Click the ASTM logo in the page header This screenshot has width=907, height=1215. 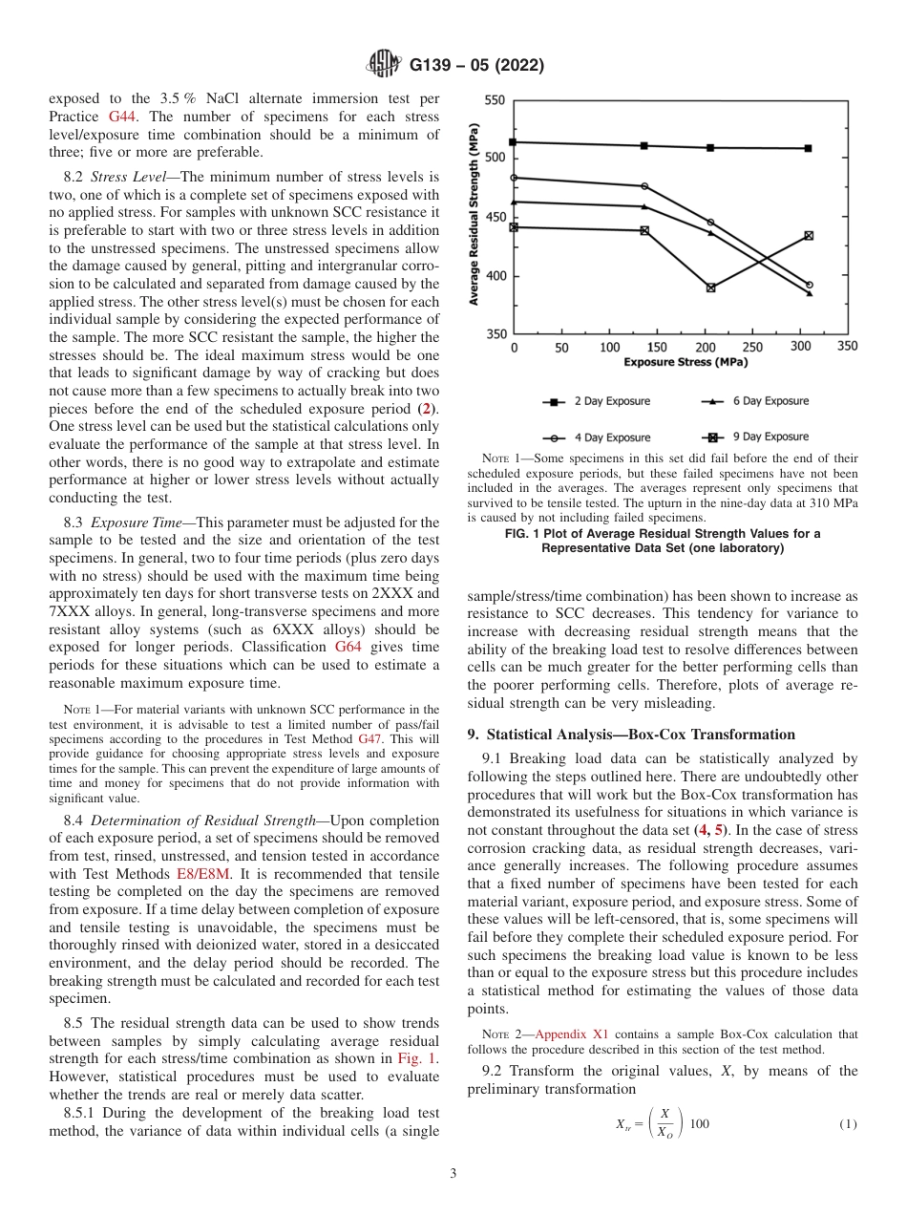(385, 65)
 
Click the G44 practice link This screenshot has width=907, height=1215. (123, 116)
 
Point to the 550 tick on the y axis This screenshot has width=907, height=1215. (496, 100)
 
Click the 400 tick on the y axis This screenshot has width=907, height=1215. (496, 276)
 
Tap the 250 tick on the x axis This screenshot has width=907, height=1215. (752, 348)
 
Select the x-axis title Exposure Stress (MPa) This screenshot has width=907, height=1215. (685, 363)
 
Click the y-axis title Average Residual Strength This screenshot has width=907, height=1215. (475, 217)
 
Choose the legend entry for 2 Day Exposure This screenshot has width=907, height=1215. (611, 401)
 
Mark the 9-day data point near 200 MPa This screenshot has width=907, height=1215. (710, 288)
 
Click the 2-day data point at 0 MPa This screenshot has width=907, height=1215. (514, 142)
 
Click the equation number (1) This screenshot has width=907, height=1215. (848, 1124)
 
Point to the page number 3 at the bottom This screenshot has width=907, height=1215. (453, 1174)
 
